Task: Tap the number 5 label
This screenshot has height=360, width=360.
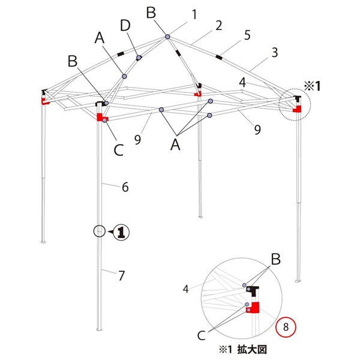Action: tap(246, 37)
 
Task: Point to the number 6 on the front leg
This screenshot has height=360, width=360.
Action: tap(125, 187)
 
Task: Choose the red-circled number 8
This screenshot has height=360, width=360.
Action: tap(286, 327)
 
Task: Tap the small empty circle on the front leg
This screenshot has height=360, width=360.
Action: tap(99, 231)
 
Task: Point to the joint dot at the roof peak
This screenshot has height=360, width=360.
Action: tap(167, 37)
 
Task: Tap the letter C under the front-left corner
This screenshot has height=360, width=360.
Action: tap(118, 149)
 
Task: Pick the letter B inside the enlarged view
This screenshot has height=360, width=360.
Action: tap(275, 259)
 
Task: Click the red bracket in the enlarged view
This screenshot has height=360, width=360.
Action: tap(255, 308)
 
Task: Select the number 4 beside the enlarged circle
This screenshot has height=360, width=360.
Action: tap(187, 289)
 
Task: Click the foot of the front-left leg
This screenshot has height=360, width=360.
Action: tap(100, 329)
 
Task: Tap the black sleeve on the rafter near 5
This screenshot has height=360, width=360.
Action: tap(218, 58)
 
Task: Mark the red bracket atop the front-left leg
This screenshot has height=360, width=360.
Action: tap(100, 115)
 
